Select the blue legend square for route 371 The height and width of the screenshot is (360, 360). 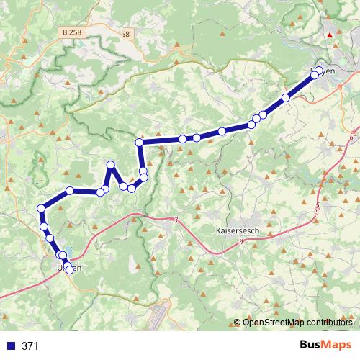click(x=10, y=346)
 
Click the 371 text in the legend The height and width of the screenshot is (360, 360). click(x=30, y=346)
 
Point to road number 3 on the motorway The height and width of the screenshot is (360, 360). click(x=175, y=220)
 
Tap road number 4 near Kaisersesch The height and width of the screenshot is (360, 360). click(x=242, y=243)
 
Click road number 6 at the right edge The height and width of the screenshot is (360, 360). click(x=351, y=137)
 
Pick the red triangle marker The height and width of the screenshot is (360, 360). click(x=330, y=33)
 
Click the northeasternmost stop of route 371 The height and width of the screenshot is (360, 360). click(x=320, y=71)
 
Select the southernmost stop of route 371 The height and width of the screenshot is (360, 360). click(x=69, y=271)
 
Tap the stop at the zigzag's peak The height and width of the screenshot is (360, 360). click(x=111, y=166)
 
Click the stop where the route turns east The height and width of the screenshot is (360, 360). click(x=140, y=143)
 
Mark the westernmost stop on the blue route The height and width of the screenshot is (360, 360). click(x=41, y=209)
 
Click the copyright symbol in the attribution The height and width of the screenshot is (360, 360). click(x=238, y=322)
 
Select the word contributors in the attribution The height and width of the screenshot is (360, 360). click(x=328, y=322)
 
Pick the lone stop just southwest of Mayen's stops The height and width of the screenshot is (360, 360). click(x=286, y=97)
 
